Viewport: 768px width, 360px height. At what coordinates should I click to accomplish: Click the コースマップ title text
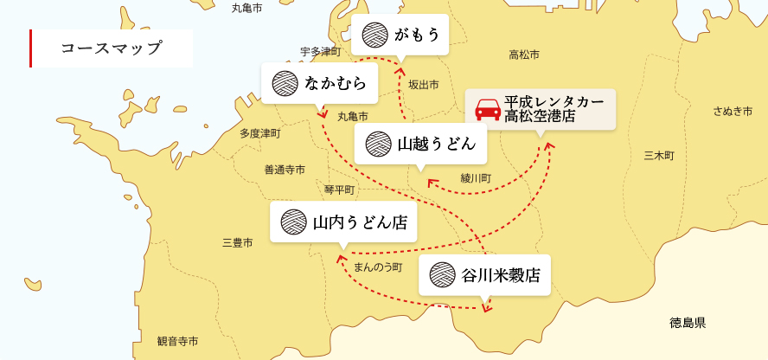pos(112,48)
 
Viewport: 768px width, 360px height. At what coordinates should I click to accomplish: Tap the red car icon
pos(488,110)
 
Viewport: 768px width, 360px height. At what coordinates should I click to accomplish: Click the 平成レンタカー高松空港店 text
pos(554,109)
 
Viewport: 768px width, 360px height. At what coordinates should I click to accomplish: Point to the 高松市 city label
pos(524,55)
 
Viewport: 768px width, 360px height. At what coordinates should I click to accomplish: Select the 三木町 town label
pos(659,156)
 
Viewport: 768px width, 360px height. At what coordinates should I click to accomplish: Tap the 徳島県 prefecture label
pos(688,323)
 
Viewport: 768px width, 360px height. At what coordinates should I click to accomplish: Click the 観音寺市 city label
pos(177,341)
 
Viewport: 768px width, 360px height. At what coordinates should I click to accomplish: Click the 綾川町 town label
pos(476,178)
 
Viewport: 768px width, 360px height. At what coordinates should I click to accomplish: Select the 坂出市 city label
pos(424,85)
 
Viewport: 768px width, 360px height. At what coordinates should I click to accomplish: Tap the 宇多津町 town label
pos(321,52)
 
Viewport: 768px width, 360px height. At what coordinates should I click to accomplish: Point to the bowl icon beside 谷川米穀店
pos(442,275)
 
